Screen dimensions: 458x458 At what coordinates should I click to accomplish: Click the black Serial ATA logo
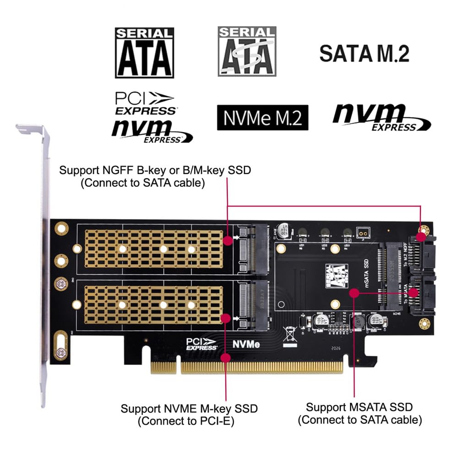coord(144,52)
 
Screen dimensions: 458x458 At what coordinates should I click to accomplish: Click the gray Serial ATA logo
coord(247,51)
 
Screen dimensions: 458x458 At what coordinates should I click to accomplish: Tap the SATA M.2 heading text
coord(364,54)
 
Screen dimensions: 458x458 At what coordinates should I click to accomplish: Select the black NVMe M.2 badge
coord(262,118)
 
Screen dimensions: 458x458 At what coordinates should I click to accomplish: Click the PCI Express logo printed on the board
coord(202,344)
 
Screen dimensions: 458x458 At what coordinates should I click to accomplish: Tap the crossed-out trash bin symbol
coord(290,334)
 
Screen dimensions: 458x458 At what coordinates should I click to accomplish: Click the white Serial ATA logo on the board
coord(337,276)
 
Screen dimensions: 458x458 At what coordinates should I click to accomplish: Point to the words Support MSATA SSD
coord(360,407)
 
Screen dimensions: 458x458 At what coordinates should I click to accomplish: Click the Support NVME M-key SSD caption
coord(189,408)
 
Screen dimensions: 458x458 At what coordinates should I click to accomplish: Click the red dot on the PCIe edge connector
coord(225,357)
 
